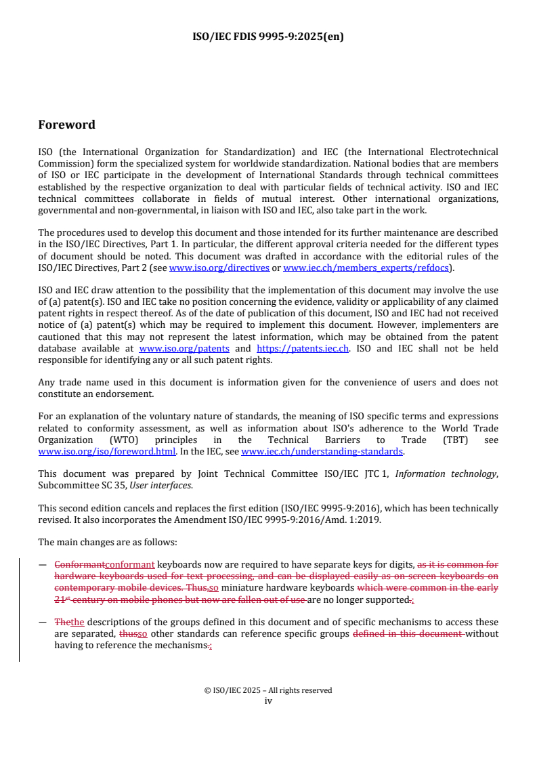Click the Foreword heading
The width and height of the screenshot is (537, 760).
click(66, 125)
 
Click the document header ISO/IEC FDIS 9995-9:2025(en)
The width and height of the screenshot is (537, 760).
click(268, 37)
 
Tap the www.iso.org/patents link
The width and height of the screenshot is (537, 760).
click(184, 349)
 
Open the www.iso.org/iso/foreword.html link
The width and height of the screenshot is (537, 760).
click(107, 451)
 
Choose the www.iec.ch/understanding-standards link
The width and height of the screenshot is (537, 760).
click(322, 451)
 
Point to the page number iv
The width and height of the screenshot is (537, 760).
click(268, 701)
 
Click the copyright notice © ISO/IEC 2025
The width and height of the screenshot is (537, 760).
click(268, 691)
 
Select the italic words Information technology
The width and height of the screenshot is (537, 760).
click(445, 474)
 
